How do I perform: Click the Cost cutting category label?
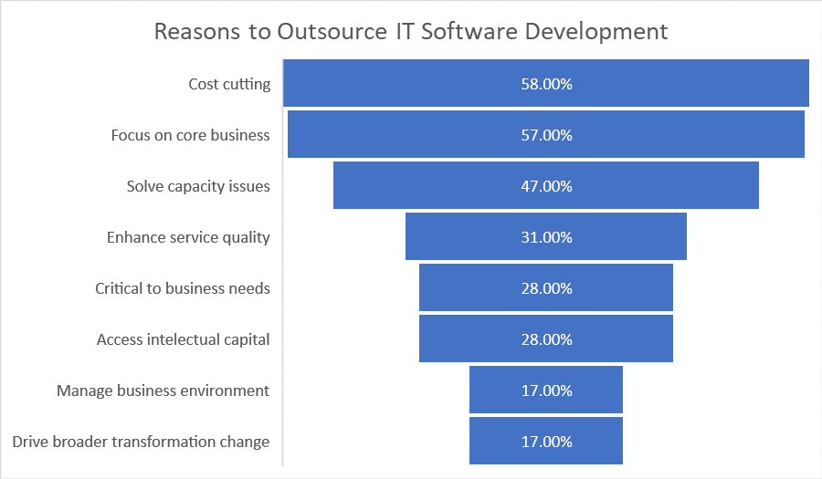[x=229, y=84]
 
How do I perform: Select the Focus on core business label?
[x=190, y=135]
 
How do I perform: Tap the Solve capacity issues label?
[x=198, y=186]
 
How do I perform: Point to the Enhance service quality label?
[x=188, y=237]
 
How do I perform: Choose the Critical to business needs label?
[x=183, y=288]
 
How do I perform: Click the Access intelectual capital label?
[x=183, y=339]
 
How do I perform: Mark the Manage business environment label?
[x=163, y=390]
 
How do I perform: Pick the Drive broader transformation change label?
[x=141, y=442]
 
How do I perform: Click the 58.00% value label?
[x=546, y=84]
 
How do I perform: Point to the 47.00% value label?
[x=546, y=186]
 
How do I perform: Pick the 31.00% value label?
[x=546, y=237]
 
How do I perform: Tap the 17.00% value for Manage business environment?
[x=546, y=390]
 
